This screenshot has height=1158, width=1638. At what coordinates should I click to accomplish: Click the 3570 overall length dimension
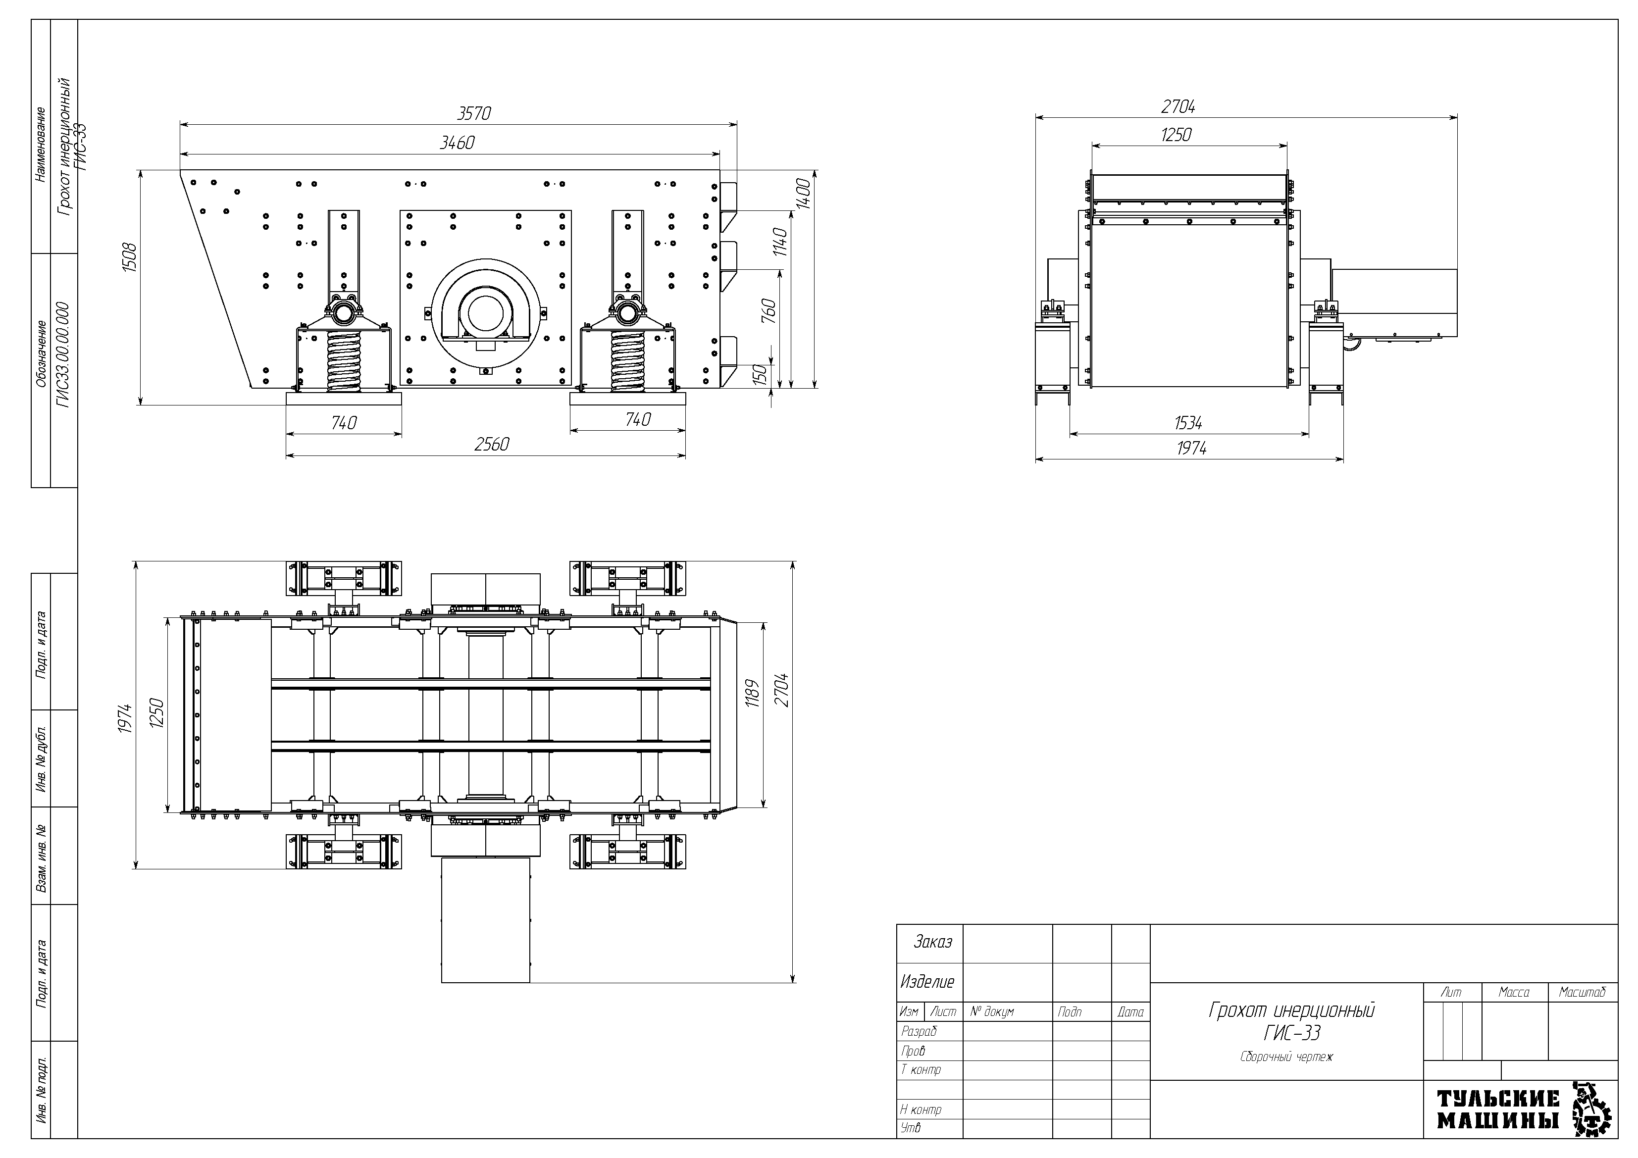(x=474, y=113)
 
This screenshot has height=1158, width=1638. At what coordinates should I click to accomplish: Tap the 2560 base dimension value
(x=492, y=445)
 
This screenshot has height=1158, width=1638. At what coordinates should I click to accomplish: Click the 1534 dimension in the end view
(x=1188, y=423)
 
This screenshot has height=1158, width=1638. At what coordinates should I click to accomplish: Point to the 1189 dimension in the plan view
(x=751, y=691)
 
